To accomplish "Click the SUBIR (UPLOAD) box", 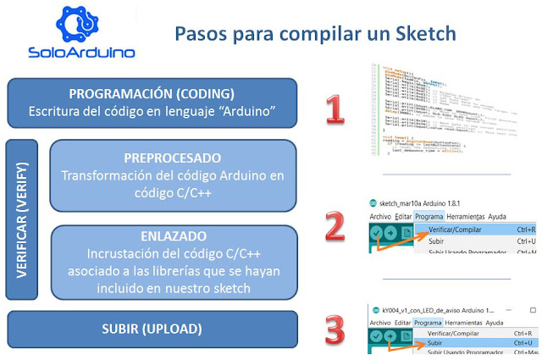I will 152,329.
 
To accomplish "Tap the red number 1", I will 335,109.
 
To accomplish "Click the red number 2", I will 335,226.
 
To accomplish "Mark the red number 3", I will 335,328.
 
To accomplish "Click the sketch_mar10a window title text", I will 409,203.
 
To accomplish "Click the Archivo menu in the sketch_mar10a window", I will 380,216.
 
